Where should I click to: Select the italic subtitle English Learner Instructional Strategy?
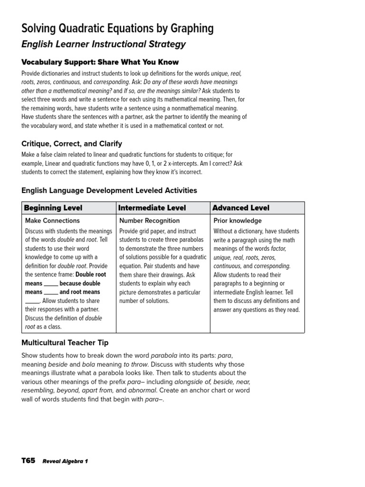pyautogui.click(x=104, y=45)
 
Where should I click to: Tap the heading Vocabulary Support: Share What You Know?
pyautogui.click(x=100, y=62)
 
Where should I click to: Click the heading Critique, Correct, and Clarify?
pyautogui.click(x=72, y=143)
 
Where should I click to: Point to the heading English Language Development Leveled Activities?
pyautogui.click(x=109, y=190)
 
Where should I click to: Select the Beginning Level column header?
pyautogui.click(x=53, y=208)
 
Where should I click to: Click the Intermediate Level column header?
pyautogui.click(x=152, y=208)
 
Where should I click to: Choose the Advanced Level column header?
pyautogui.click(x=241, y=208)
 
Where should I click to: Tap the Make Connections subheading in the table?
pyautogui.click(x=52, y=221)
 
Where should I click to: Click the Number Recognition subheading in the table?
pyautogui.click(x=150, y=221)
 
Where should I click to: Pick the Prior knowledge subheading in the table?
pyautogui.click(x=238, y=221)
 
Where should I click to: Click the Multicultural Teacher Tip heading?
pyautogui.click(x=65, y=342)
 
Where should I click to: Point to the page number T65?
pyautogui.click(x=29, y=460)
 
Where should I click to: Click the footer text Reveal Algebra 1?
pyautogui.click(x=65, y=461)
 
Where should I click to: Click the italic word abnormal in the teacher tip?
pyautogui.click(x=143, y=390)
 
